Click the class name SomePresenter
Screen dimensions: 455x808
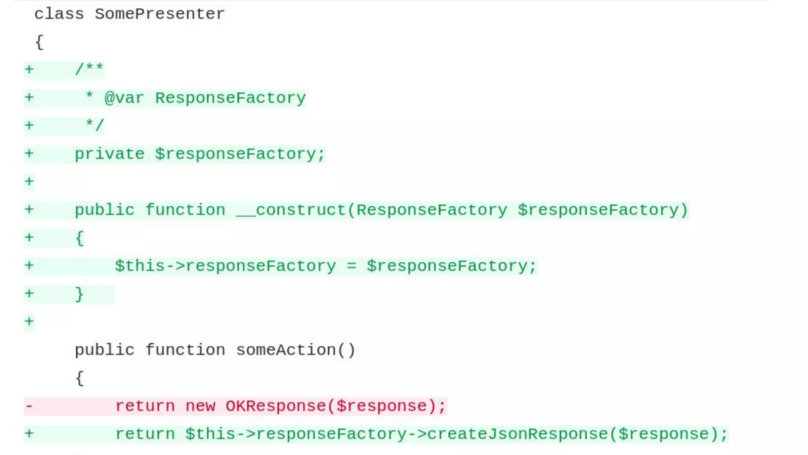click(x=159, y=14)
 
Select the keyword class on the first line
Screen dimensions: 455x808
click(x=59, y=14)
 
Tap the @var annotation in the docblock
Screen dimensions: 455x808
click(x=124, y=98)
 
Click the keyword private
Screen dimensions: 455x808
click(x=109, y=154)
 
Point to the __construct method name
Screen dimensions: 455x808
click(x=291, y=210)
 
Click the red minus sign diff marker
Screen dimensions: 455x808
click(x=29, y=406)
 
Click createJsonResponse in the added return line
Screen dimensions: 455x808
click(x=518, y=434)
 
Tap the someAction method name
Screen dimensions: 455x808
click(x=286, y=350)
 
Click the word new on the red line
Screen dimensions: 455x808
click(x=200, y=406)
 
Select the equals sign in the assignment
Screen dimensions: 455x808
click(x=351, y=266)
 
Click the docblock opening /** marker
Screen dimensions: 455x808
click(x=89, y=70)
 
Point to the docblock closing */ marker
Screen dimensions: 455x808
click(x=95, y=126)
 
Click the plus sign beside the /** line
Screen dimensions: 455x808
click(x=29, y=70)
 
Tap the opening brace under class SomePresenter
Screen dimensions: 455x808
click(x=39, y=42)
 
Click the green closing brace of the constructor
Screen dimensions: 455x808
click(x=79, y=294)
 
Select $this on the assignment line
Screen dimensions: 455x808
click(x=140, y=266)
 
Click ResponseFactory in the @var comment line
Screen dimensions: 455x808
click(x=230, y=98)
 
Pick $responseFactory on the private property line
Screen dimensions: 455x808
click(x=239, y=154)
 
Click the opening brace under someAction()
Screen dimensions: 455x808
click(x=79, y=378)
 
